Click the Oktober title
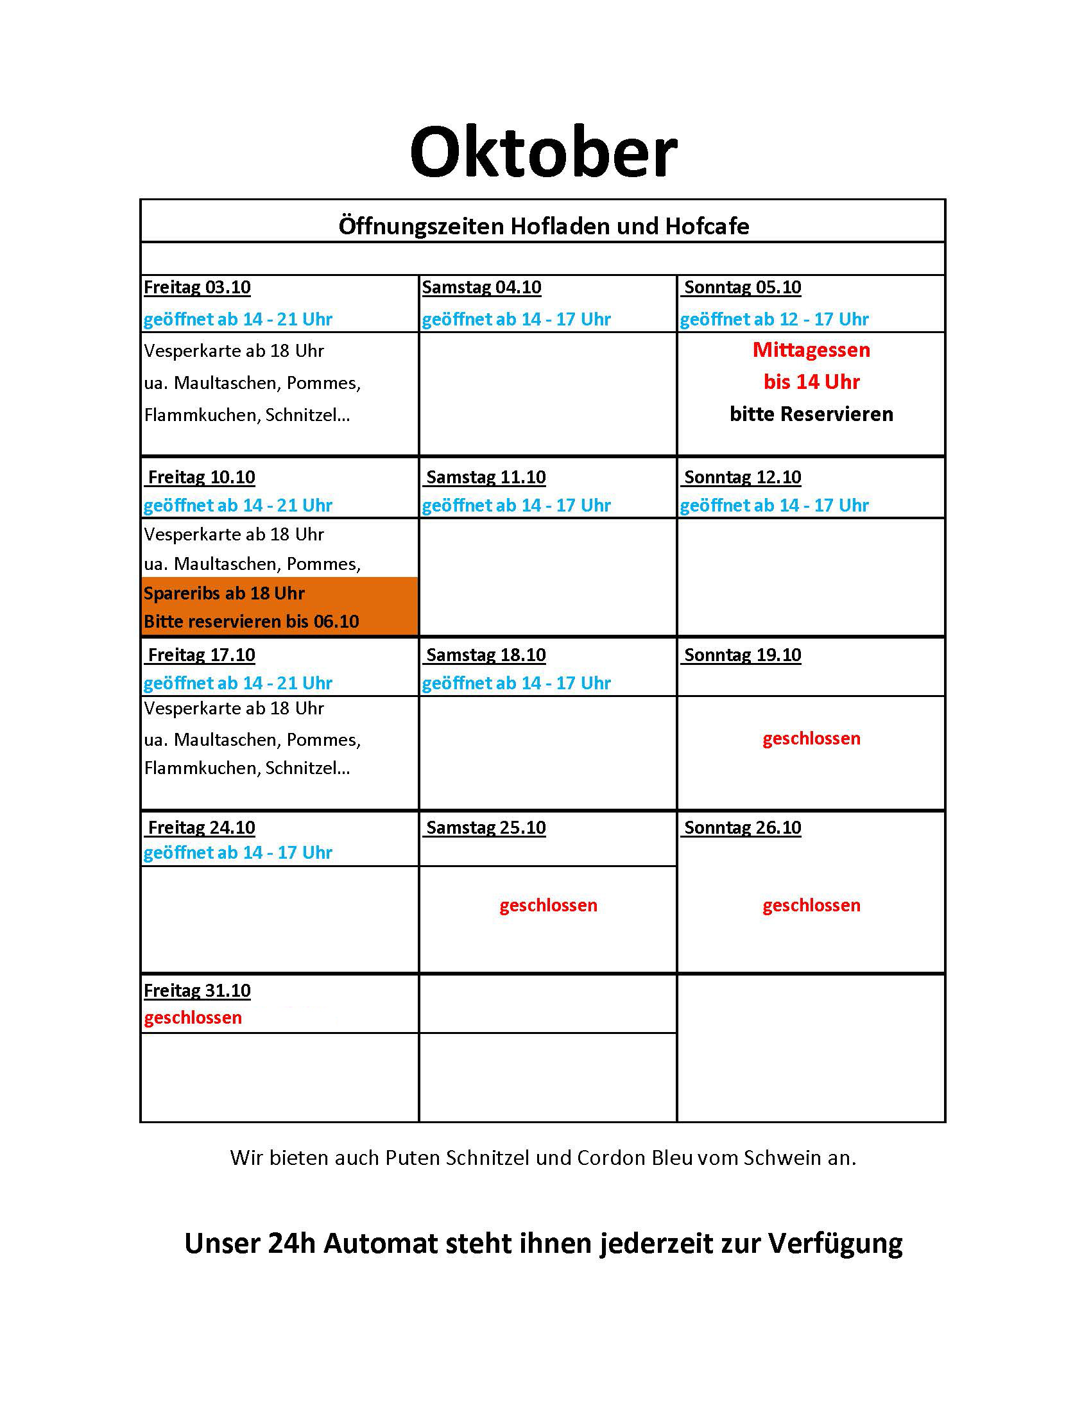click(544, 153)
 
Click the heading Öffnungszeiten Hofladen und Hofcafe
click(544, 227)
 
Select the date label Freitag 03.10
click(197, 287)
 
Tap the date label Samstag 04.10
click(481, 287)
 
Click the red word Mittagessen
click(811, 350)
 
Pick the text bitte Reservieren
click(811, 414)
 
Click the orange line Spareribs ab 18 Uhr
click(224, 593)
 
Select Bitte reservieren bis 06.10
click(252, 621)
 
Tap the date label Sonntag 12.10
click(742, 477)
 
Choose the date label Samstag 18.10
click(485, 655)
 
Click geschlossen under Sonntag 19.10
click(811, 738)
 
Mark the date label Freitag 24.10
click(201, 827)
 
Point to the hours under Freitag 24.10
click(238, 853)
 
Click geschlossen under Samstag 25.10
click(548, 905)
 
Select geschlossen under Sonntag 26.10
click(811, 905)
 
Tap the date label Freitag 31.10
click(197, 990)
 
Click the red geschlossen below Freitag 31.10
click(193, 1018)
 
